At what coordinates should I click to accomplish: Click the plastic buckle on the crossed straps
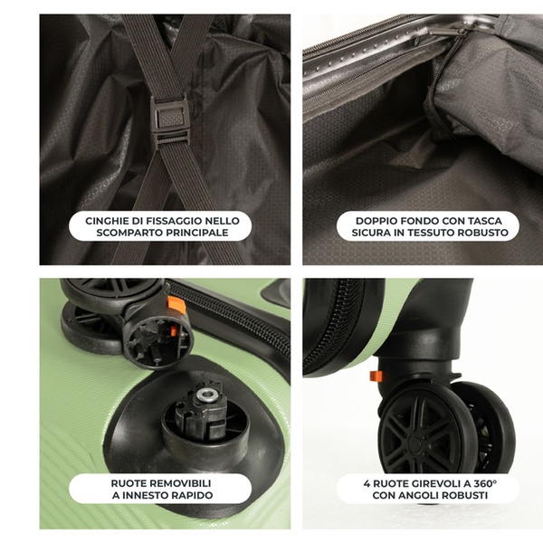pos(169,120)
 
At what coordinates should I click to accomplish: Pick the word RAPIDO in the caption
pos(191,495)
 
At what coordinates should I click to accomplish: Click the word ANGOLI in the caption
pos(418,495)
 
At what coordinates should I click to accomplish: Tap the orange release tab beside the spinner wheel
pos(376,376)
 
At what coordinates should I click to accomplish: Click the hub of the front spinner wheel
pos(414,443)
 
